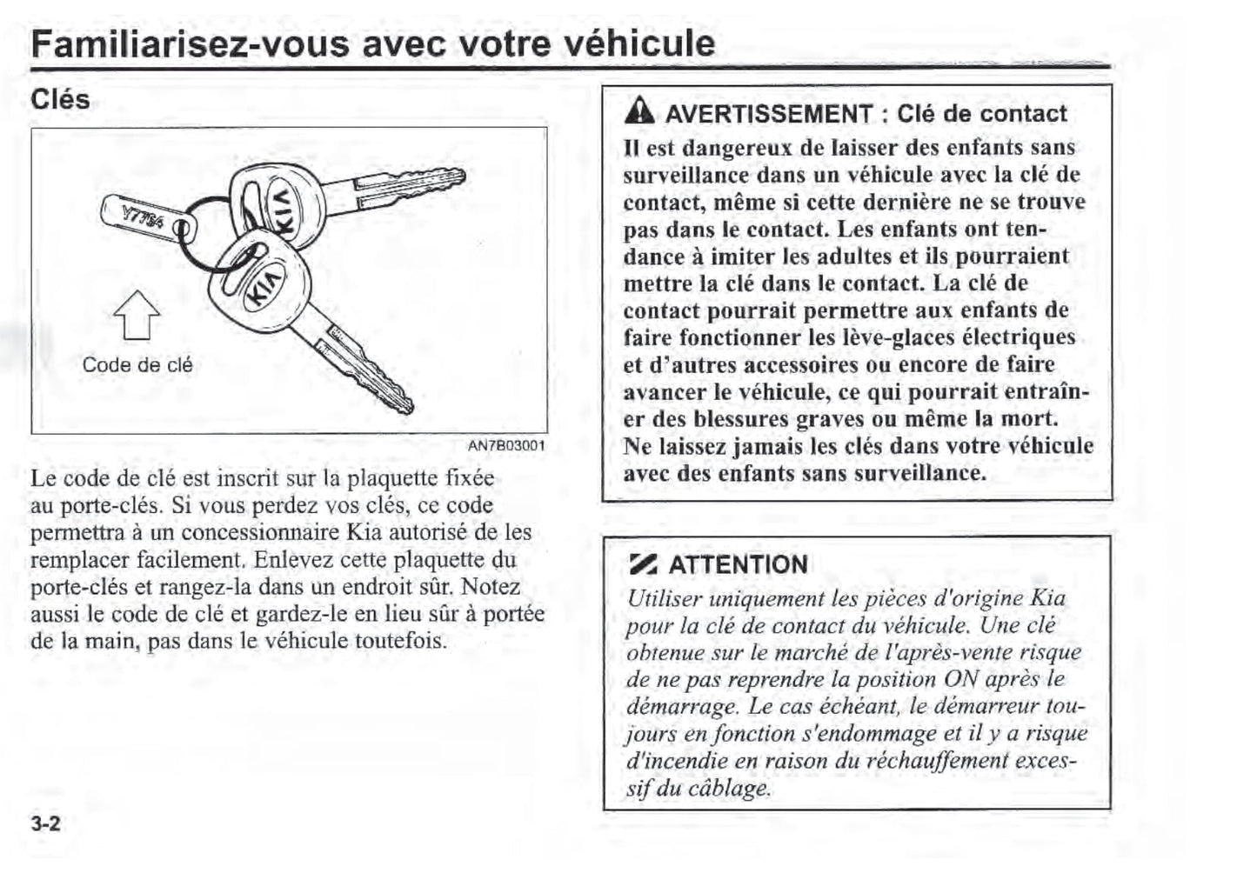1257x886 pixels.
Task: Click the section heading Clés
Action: (x=60, y=99)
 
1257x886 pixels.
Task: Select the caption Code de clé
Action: (x=137, y=365)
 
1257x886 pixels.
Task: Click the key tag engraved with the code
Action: (x=144, y=217)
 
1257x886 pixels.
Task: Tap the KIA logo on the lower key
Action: (x=264, y=283)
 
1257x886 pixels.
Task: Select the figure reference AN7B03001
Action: (x=506, y=446)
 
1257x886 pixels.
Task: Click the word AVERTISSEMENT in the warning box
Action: (x=769, y=114)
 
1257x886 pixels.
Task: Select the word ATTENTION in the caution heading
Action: (x=738, y=565)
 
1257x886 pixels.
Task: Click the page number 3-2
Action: (x=45, y=823)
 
